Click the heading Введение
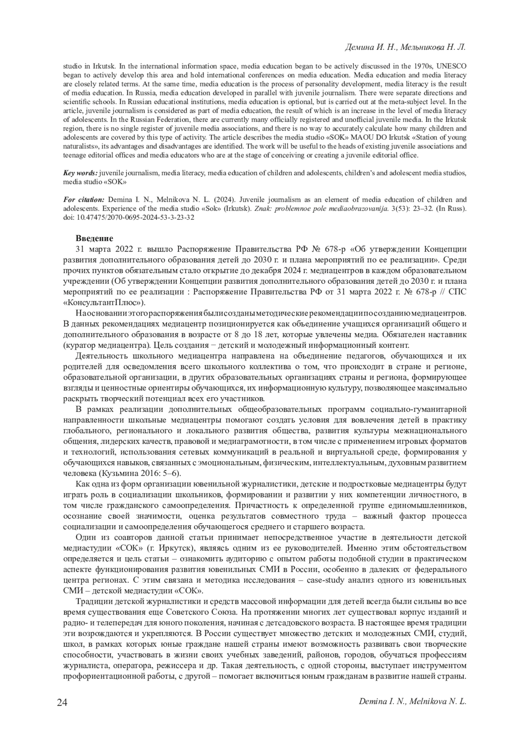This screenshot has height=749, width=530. click(x=94, y=238)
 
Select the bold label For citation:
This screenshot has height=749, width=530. click(x=84, y=199)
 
